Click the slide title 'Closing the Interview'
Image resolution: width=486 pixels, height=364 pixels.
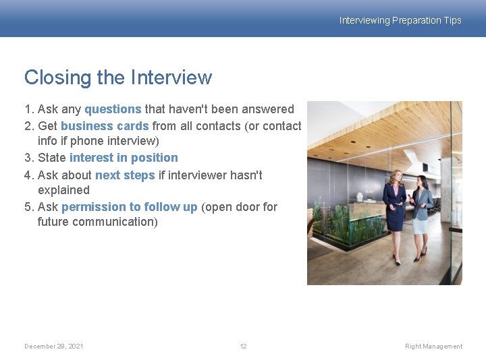click(118, 78)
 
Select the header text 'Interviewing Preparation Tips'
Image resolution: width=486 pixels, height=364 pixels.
click(400, 20)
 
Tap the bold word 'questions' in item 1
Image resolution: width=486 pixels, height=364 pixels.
click(113, 109)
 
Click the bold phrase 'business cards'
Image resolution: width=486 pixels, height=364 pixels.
click(105, 125)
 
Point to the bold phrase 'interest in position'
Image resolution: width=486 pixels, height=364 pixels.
click(124, 158)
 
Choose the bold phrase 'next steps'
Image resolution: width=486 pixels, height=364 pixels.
click(125, 175)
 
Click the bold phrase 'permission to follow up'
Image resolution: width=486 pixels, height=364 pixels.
click(129, 207)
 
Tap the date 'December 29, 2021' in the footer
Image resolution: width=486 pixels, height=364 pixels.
click(54, 346)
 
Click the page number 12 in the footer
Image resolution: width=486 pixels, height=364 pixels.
click(243, 346)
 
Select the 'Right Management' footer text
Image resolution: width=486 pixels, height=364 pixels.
click(433, 346)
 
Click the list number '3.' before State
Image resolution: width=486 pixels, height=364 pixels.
click(30, 158)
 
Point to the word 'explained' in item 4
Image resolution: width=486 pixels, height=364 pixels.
click(63, 190)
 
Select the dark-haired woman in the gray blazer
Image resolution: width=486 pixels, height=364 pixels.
click(422, 212)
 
